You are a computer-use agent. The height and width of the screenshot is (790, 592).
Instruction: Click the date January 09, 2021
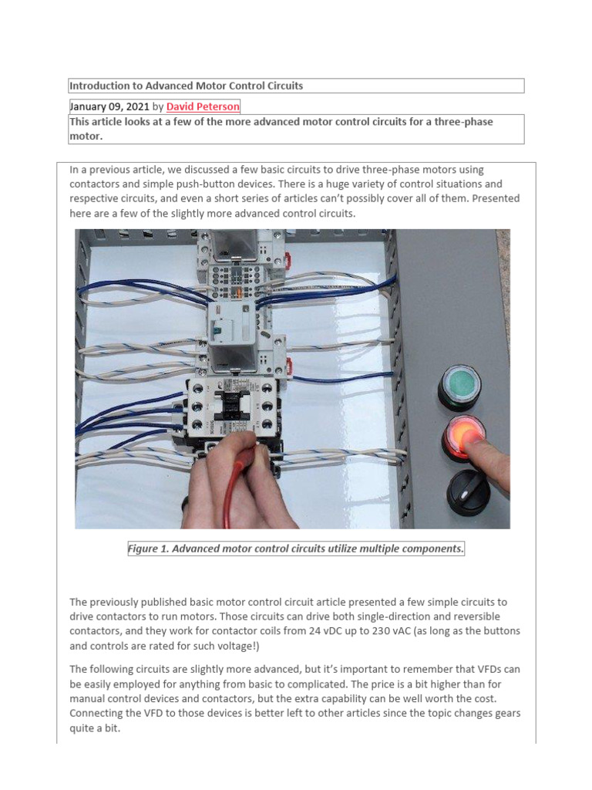click(x=109, y=106)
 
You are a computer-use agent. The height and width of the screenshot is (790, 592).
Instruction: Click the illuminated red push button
click(x=464, y=434)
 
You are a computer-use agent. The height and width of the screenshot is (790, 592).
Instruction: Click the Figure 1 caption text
click(x=296, y=549)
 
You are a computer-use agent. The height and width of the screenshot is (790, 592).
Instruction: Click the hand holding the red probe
click(x=231, y=478)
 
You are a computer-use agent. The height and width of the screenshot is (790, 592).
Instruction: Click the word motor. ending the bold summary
click(x=86, y=135)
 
